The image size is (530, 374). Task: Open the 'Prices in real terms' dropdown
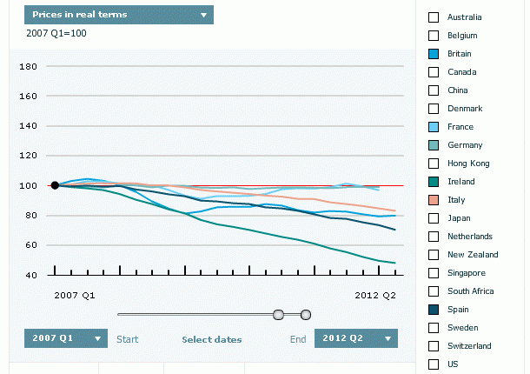pyautogui.click(x=118, y=15)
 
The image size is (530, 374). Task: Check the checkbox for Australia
pyautogui.click(x=434, y=17)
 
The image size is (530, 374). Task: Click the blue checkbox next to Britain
pyautogui.click(x=434, y=54)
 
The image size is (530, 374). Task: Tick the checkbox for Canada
pyautogui.click(x=434, y=72)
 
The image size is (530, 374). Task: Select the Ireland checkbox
pyautogui.click(x=434, y=182)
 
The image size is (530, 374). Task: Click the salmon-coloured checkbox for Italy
pyautogui.click(x=434, y=200)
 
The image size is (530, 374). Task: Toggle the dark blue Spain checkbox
pyautogui.click(x=434, y=309)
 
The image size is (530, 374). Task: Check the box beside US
pyautogui.click(x=434, y=364)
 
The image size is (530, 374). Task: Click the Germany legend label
pyautogui.click(x=465, y=145)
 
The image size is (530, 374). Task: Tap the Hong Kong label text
pyautogui.click(x=468, y=164)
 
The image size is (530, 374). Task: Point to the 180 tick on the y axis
pyautogui.click(x=27, y=67)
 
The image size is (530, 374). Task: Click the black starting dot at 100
pyautogui.click(x=55, y=185)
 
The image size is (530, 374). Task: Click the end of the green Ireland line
pyautogui.click(x=396, y=263)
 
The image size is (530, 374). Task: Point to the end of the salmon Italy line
pyautogui.click(x=396, y=211)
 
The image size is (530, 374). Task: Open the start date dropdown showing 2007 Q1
pyautogui.click(x=66, y=338)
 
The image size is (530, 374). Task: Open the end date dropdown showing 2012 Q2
pyautogui.click(x=355, y=338)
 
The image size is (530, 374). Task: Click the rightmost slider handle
pyautogui.click(x=306, y=314)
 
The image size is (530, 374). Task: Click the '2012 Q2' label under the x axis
pyautogui.click(x=375, y=296)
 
